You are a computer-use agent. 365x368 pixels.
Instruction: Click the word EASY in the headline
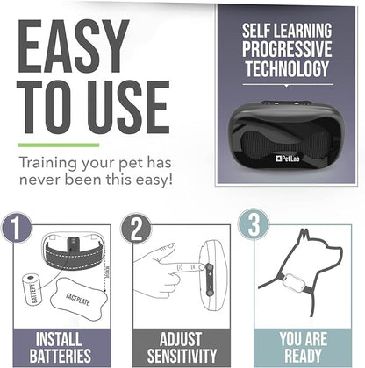coord(74,46)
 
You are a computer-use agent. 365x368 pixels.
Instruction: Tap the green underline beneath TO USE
coord(59,145)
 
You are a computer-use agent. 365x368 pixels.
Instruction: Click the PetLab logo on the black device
coord(288,159)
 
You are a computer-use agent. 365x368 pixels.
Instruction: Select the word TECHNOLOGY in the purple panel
coord(287,69)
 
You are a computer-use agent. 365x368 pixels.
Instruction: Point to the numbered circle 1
coord(16,227)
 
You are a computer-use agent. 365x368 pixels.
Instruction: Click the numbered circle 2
coord(136,228)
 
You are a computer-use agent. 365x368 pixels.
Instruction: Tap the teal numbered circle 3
coord(254,224)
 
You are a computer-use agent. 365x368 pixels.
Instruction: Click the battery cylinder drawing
coord(32,289)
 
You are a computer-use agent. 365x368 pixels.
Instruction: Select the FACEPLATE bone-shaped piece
coord(78,299)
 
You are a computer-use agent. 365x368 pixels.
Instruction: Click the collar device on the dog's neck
coord(294,283)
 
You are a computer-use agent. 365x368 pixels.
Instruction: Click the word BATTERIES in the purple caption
coord(61,356)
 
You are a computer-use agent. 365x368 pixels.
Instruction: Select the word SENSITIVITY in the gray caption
coord(182,356)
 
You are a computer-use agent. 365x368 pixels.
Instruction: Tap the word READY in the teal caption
coord(303,356)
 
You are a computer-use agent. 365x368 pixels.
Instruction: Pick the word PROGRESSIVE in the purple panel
coord(287,49)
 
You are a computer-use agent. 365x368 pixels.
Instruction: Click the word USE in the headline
coord(128,107)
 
